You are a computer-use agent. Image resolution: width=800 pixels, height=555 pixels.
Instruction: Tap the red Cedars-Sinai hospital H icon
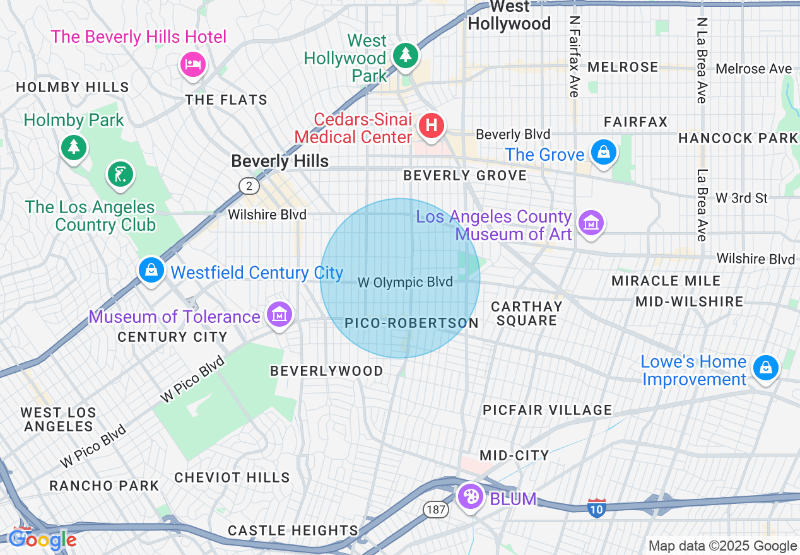(432, 126)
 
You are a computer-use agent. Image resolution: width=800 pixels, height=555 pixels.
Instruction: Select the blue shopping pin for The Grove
(604, 152)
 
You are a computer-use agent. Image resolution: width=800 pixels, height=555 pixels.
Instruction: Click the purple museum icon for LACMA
(592, 223)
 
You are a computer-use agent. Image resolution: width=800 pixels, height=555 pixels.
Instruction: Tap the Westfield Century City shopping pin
(151, 271)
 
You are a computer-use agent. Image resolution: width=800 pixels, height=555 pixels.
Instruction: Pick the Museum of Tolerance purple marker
(279, 313)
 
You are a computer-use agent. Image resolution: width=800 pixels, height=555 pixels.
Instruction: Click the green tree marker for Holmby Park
(74, 148)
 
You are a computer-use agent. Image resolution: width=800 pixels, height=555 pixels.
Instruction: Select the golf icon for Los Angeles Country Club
(120, 174)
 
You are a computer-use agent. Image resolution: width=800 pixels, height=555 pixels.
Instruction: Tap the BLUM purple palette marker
(471, 496)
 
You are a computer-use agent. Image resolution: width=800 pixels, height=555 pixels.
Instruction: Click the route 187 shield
(435, 510)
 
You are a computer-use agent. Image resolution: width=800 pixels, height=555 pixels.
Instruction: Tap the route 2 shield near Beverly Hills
(249, 185)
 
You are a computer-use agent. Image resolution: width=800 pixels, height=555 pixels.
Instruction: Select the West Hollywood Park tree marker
(405, 55)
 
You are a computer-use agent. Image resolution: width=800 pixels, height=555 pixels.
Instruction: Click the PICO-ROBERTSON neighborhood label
(411, 324)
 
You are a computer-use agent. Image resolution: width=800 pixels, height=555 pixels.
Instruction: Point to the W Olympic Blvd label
(405, 282)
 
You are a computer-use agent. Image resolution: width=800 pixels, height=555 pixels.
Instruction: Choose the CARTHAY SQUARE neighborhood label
(526, 313)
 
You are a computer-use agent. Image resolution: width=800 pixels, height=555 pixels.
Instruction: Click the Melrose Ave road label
(753, 69)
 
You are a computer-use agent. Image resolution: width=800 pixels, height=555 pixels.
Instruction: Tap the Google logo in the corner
(42, 540)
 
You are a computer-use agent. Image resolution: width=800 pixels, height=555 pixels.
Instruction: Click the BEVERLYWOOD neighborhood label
(326, 371)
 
